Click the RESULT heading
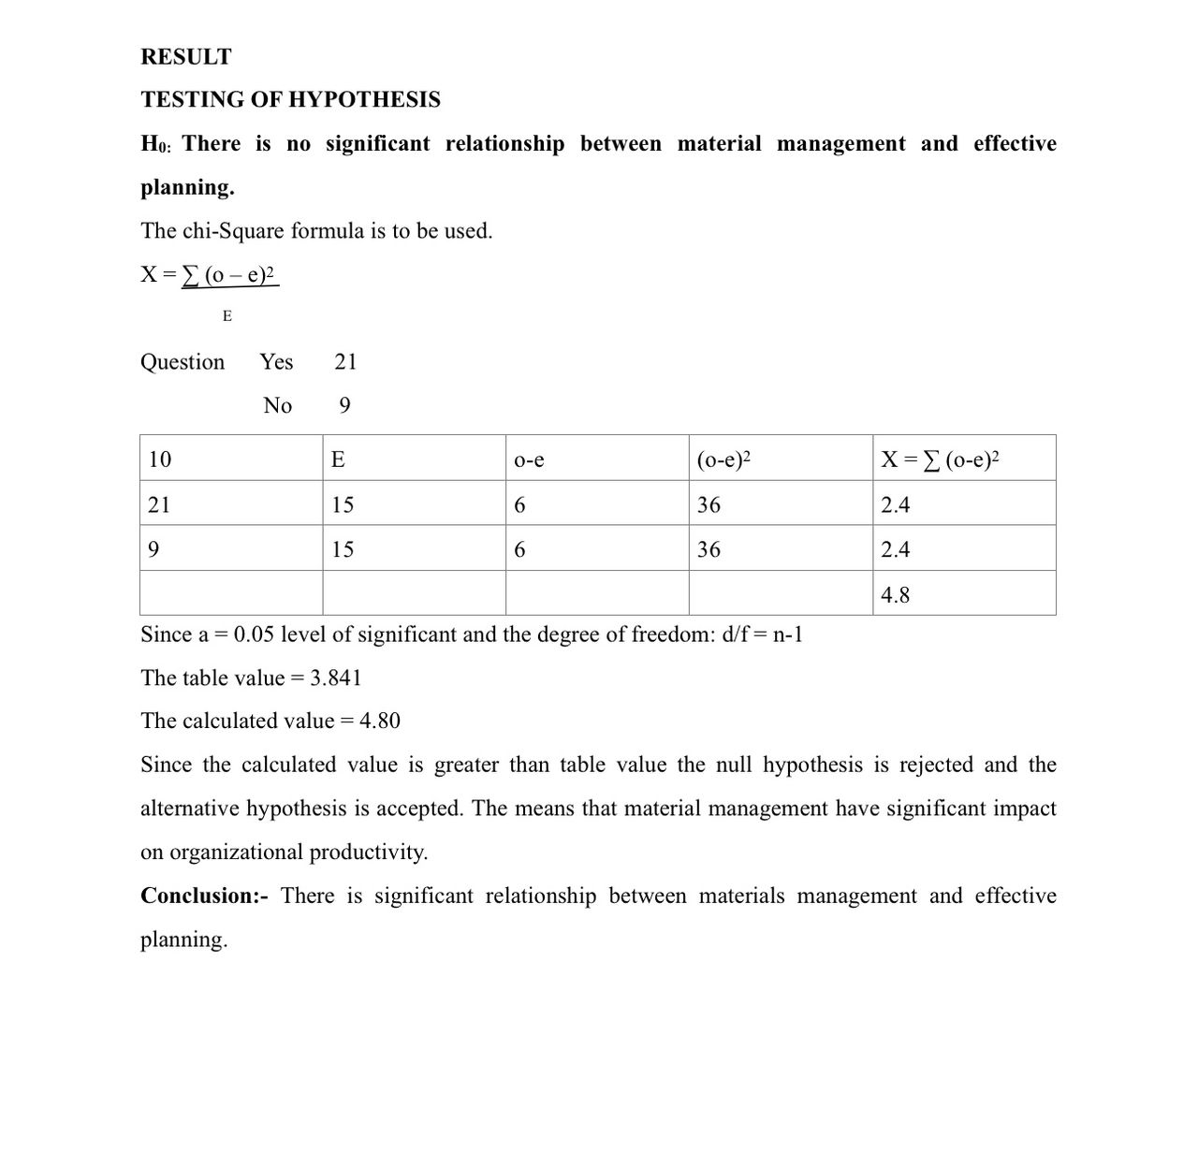(x=185, y=57)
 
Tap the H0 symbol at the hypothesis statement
(x=155, y=144)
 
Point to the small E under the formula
(x=227, y=316)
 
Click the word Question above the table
(x=183, y=362)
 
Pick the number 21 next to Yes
(x=345, y=362)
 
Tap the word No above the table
(x=278, y=406)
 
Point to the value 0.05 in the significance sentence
(x=254, y=635)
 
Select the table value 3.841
(x=336, y=678)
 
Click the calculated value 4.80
(x=379, y=721)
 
